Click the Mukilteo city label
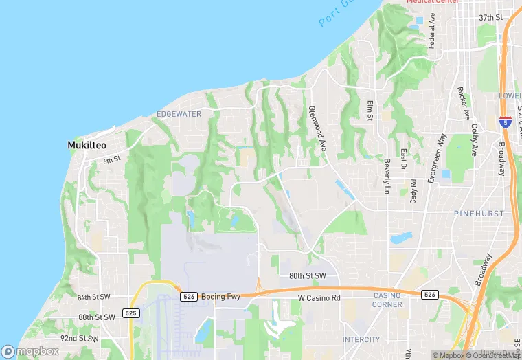(86, 145)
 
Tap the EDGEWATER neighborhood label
(179, 113)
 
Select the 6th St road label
(112, 160)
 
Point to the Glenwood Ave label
(316, 128)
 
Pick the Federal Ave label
(432, 31)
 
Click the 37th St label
(491, 16)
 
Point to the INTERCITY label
(361, 339)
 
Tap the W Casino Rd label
(319, 297)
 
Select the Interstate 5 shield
(506, 122)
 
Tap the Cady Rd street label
(413, 192)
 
